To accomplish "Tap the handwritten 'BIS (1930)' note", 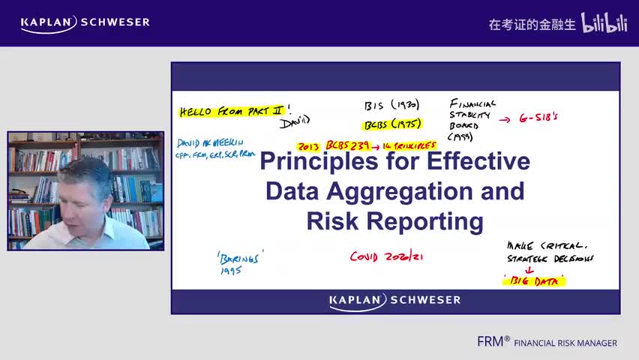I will pyautogui.click(x=391, y=105).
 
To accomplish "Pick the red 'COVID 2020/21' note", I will pyautogui.click(x=387, y=256).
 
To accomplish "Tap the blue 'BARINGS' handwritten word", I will pyautogui.click(x=240, y=257).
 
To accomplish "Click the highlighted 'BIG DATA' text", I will pyautogui.click(x=534, y=281).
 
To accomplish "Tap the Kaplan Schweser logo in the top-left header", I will pyautogui.click(x=85, y=22).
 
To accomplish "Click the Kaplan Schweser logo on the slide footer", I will pyautogui.click(x=394, y=301).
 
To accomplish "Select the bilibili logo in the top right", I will pyautogui.click(x=604, y=23).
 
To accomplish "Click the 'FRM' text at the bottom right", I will pyautogui.click(x=492, y=342).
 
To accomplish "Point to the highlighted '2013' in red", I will pyautogui.click(x=309, y=145).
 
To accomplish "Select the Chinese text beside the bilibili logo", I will pyautogui.click(x=532, y=24).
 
